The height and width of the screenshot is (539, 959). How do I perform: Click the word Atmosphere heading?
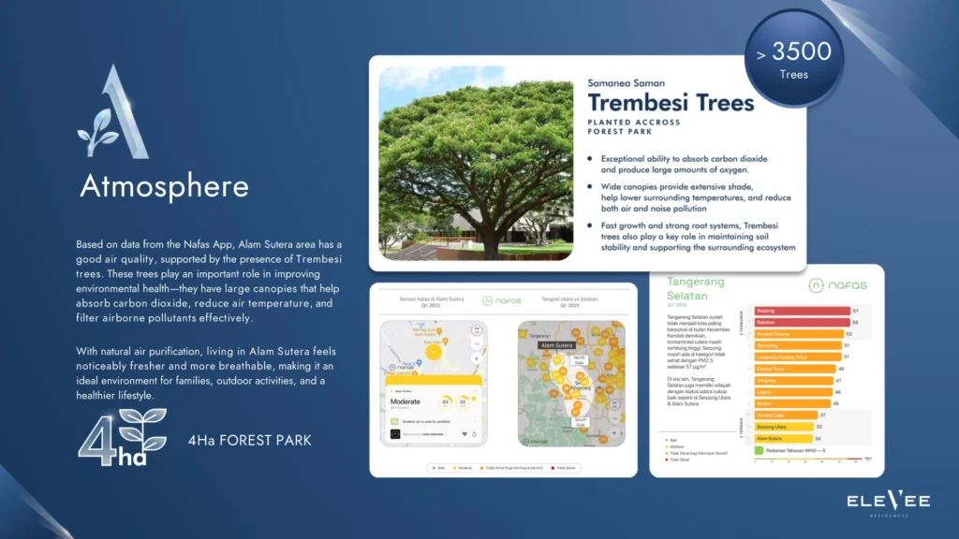pos(164,186)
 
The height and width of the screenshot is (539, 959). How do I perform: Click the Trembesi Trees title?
pos(671,102)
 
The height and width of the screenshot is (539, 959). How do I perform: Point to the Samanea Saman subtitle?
pos(626,83)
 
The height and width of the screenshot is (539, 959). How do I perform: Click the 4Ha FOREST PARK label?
pos(249,441)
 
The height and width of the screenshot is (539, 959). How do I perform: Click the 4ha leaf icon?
pos(123,435)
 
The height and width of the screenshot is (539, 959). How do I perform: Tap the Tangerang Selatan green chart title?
pos(697,289)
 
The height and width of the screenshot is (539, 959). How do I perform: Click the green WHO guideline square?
pos(759,451)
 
